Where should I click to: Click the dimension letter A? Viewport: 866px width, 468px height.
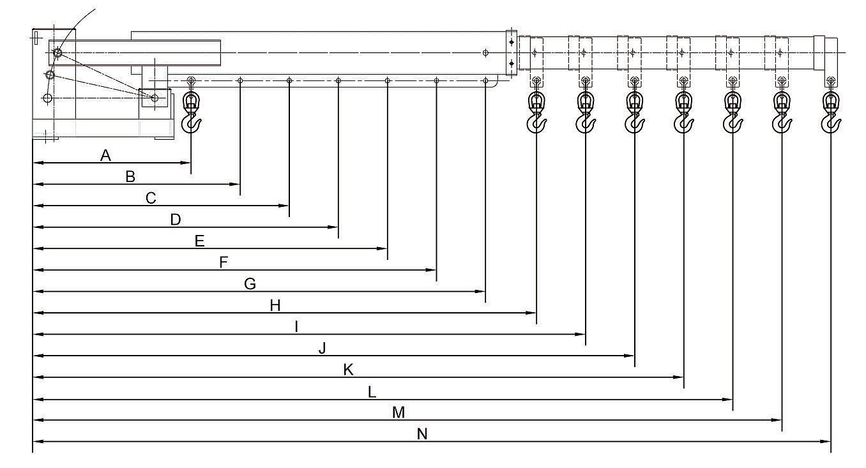(105, 156)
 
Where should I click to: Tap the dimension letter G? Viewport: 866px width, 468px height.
(250, 284)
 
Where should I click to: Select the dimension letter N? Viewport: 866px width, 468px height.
(422, 434)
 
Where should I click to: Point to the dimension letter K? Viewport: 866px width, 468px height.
(348, 370)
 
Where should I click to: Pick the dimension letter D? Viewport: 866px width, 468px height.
(176, 220)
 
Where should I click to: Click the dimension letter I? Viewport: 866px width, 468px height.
(296, 327)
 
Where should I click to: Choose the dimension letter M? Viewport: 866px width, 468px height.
(399, 412)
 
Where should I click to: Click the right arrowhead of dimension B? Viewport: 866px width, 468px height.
(235, 185)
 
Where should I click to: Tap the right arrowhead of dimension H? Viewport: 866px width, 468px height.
(531, 313)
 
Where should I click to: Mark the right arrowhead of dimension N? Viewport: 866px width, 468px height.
(825, 441)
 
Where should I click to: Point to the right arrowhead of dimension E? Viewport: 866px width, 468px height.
(382, 248)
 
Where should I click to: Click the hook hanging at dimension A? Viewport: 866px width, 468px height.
(192, 112)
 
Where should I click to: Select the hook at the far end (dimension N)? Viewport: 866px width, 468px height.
(831, 112)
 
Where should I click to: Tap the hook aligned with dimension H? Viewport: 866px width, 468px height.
(536, 112)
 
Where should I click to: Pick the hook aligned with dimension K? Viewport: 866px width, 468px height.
(683, 112)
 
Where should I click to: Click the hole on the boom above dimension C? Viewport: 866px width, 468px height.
(289, 80)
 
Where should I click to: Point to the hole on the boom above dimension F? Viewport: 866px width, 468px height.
(436, 80)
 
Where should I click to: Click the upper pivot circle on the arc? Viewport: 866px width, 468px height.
(57, 52)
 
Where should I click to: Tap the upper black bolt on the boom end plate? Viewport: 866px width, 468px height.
(512, 42)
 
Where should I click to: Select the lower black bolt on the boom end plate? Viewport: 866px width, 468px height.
(512, 63)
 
